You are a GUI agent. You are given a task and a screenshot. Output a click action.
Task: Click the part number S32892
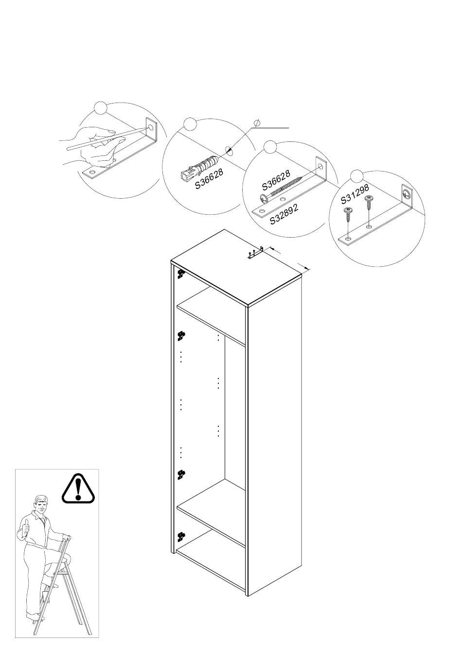coord(284,214)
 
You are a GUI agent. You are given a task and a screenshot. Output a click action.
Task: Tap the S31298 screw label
coord(355,194)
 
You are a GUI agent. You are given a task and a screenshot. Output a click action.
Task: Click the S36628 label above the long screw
coord(276,180)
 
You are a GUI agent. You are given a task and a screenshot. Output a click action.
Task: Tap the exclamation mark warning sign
coord(79,488)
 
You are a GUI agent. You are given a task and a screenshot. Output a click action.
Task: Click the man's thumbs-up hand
coord(25,527)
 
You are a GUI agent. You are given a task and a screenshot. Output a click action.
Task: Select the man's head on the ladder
coord(42,505)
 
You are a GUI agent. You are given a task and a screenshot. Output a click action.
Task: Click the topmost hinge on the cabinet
coord(181,275)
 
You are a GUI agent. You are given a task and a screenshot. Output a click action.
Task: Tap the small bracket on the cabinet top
coord(256,254)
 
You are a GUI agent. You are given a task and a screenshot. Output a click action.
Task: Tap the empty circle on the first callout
coord(100,108)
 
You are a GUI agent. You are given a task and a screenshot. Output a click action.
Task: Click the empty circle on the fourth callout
coord(357,176)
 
